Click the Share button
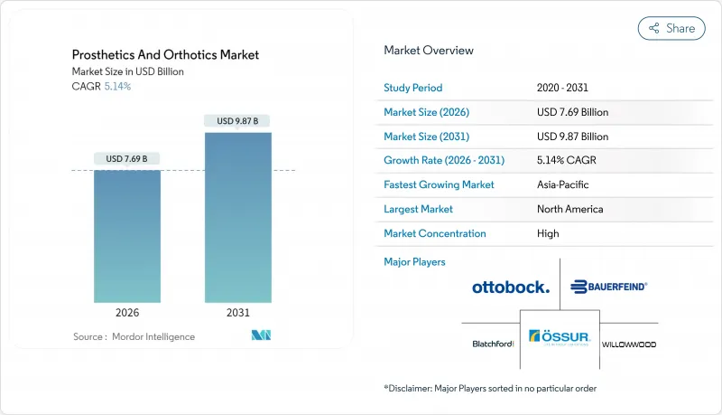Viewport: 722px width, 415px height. click(671, 28)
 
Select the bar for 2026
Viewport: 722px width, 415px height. click(127, 235)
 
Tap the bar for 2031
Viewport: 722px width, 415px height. click(237, 217)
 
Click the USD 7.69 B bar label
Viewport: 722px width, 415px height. click(127, 159)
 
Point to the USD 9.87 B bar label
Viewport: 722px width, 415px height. click(237, 121)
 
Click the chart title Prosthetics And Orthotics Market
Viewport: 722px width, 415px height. click(165, 55)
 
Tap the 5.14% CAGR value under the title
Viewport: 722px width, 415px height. click(116, 87)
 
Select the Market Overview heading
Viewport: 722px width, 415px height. click(429, 50)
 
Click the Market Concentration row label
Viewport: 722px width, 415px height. click(435, 233)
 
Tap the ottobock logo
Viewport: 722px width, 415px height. click(510, 288)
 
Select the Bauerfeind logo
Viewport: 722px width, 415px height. click(609, 287)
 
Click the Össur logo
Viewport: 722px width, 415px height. click(560, 337)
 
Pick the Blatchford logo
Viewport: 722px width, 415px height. click(493, 344)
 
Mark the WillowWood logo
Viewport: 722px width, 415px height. click(629, 344)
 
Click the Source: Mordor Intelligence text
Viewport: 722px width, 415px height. click(134, 336)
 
